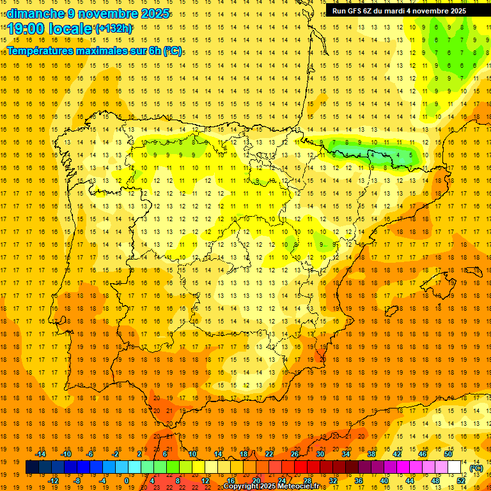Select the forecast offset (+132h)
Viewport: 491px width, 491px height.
[114, 29]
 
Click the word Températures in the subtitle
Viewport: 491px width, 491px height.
[42, 51]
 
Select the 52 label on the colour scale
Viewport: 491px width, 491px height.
[460, 481]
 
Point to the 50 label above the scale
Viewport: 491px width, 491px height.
[448, 454]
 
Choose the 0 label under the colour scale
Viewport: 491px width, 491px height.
[127, 481]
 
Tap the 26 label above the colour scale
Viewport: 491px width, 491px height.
[295, 454]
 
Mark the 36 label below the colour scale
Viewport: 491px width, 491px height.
[358, 481]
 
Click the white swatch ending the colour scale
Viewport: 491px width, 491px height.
[455, 467]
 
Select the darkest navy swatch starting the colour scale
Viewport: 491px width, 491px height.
[32, 467]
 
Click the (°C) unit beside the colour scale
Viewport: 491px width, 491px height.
[476, 468]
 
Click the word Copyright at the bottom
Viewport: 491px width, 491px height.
[244, 487]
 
